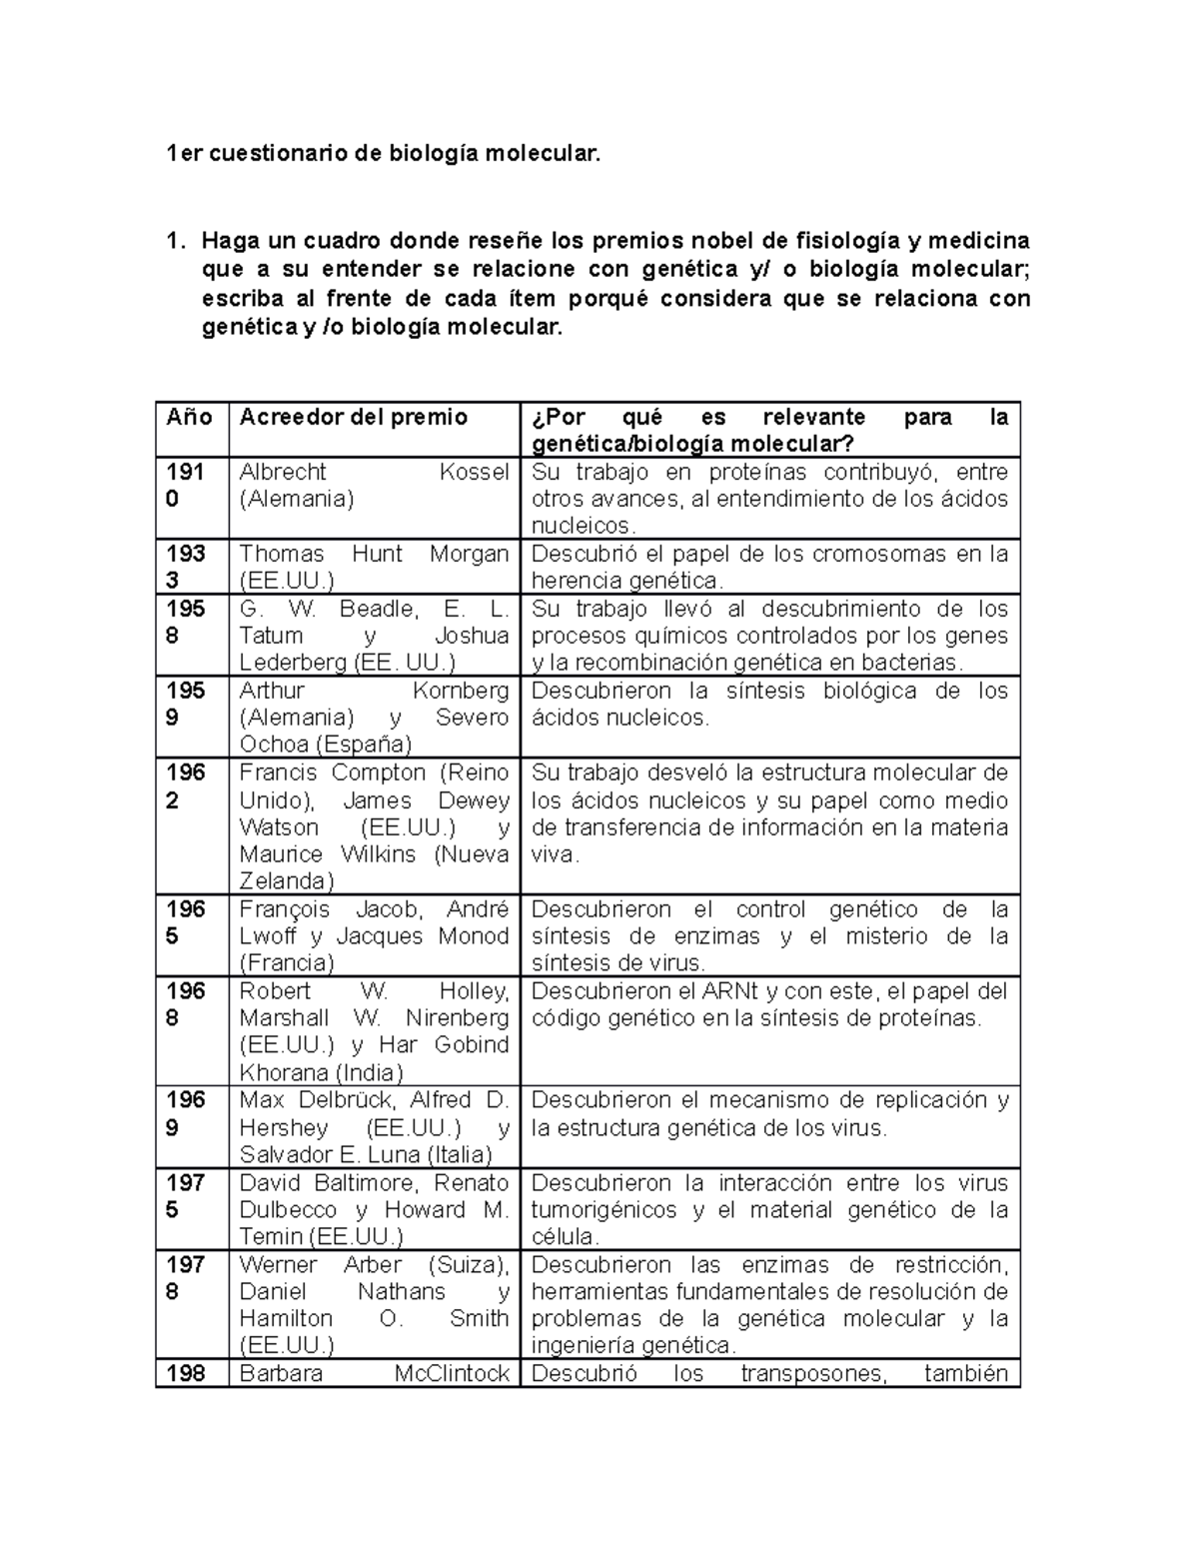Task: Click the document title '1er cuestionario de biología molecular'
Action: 385,154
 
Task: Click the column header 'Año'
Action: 190,418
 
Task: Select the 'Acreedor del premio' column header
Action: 354,418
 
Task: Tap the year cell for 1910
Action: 186,485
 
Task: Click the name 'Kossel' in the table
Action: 474,472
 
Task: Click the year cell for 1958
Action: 186,622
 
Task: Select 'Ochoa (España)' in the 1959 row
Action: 326,745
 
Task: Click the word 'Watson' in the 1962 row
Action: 279,827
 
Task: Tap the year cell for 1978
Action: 186,1277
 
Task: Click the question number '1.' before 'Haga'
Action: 176,242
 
